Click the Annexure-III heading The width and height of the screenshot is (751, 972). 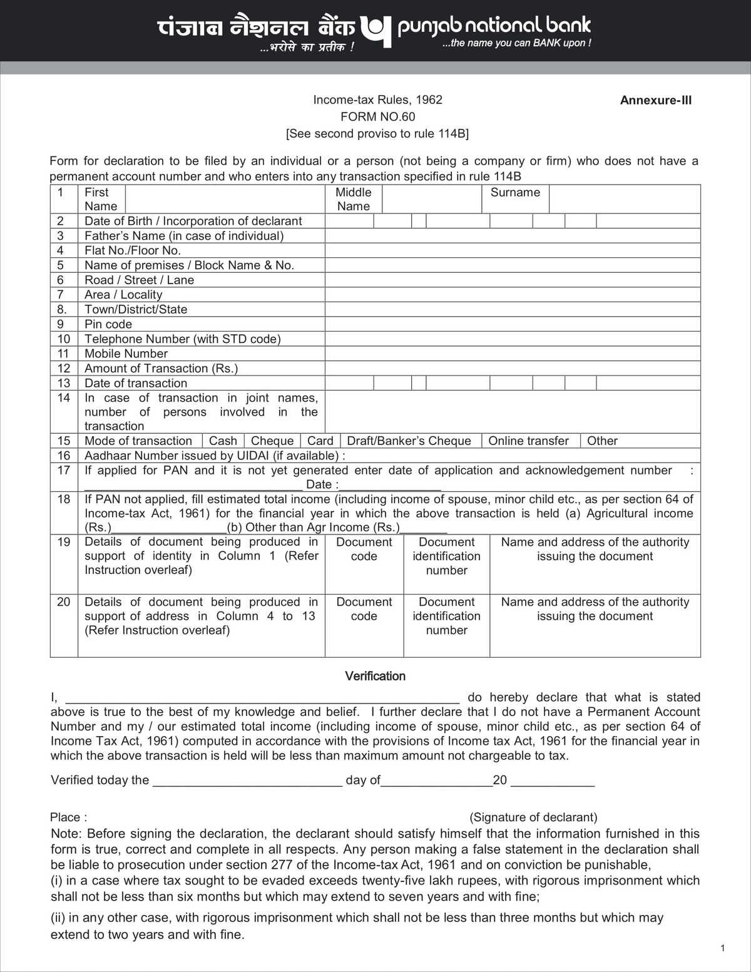click(655, 100)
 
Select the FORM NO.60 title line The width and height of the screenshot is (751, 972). click(377, 116)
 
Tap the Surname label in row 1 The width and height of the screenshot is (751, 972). click(515, 193)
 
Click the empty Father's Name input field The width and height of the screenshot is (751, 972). click(512, 236)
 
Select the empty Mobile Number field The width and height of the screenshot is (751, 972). click(512, 354)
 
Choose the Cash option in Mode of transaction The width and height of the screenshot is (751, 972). click(223, 441)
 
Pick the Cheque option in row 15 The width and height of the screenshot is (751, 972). click(272, 441)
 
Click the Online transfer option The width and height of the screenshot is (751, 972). click(528, 441)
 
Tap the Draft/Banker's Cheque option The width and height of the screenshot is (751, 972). click(409, 441)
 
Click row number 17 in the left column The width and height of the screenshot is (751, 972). click(64, 470)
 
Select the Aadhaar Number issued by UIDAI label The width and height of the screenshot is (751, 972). click(215, 456)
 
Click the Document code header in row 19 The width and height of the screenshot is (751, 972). click(364, 549)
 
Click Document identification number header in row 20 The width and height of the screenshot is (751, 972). click(446, 616)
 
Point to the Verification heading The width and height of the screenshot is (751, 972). click(375, 676)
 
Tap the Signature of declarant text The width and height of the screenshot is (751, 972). click(533, 817)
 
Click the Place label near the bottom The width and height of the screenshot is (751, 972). click(68, 817)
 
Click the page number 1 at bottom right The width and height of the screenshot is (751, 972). click(723, 948)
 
